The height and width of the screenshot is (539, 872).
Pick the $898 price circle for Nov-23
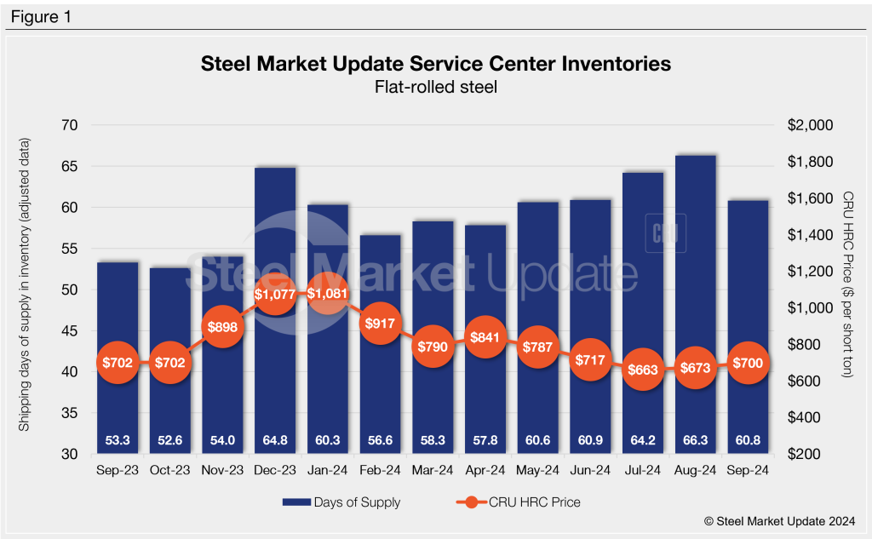coord(221,326)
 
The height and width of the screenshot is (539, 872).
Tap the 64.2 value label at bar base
coord(643,440)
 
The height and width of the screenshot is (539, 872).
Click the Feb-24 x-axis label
coord(380,470)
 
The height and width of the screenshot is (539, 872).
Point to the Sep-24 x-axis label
coord(749,470)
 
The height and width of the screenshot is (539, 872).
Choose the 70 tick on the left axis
coord(67,125)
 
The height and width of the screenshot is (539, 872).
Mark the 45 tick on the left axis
coord(67,331)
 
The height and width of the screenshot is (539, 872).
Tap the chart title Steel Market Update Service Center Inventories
coord(435,64)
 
